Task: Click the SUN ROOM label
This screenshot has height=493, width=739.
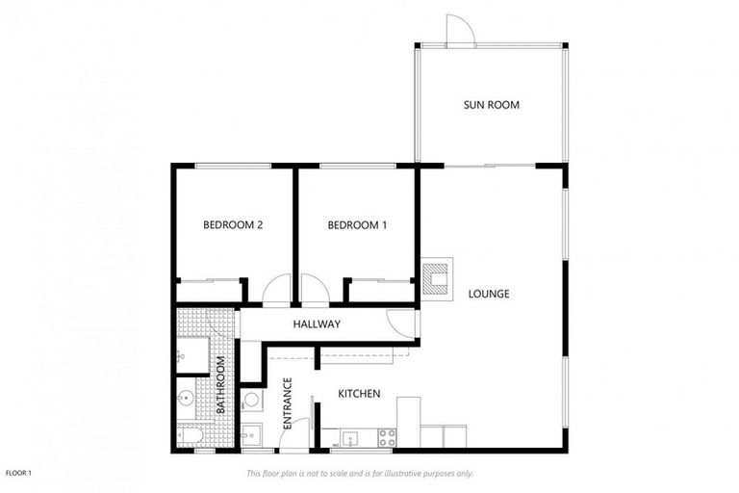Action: click(491, 105)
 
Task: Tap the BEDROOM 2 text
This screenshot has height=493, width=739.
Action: click(233, 225)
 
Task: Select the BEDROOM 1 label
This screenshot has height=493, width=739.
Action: click(357, 225)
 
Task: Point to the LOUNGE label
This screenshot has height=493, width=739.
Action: click(489, 294)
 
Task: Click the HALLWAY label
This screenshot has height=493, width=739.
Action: click(317, 324)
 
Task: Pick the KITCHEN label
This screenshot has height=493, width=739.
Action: click(359, 394)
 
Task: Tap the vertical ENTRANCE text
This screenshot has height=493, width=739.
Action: click(287, 403)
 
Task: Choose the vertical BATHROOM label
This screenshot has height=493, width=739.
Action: click(220, 385)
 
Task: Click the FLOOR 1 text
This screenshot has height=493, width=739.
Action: click(19, 473)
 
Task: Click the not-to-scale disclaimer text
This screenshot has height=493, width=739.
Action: click(359, 473)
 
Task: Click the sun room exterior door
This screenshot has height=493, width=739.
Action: click(460, 30)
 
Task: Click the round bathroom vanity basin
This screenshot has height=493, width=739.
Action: click(186, 398)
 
